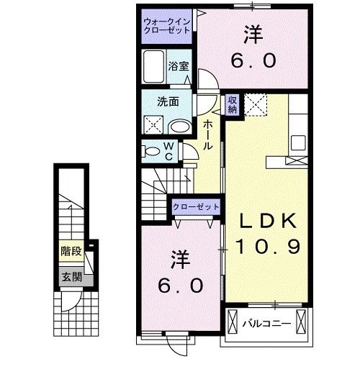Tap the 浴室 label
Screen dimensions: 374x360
179,66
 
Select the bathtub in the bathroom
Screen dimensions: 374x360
153,68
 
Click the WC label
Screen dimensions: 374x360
168,151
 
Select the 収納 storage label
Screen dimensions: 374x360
233,106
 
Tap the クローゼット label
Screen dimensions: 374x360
197,207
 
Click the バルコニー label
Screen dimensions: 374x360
266,323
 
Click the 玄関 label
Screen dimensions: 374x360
70,277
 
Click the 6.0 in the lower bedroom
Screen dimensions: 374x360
180,285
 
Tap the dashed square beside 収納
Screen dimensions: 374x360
255,105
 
